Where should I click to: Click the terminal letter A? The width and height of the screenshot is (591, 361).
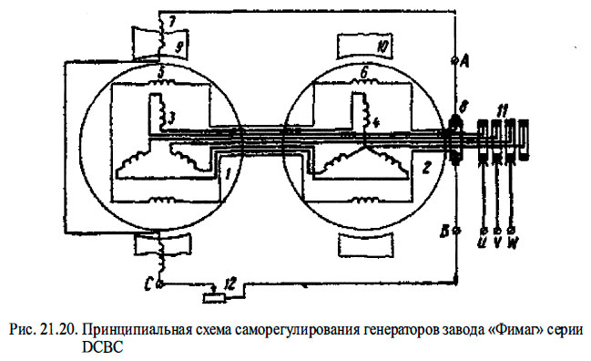coord(465,61)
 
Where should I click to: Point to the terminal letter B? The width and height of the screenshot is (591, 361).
coord(444,232)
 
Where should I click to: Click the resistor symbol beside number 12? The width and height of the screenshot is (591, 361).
coord(212,294)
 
